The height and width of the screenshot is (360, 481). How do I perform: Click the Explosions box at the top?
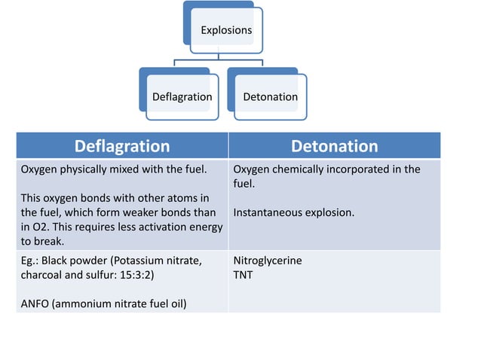226,31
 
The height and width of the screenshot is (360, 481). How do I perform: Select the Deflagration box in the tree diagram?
182,97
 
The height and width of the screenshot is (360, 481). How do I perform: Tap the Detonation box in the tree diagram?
270,97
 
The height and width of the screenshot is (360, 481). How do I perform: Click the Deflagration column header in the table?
121,146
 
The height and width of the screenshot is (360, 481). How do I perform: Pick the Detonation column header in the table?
334,146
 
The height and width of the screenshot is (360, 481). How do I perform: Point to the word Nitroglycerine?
268,261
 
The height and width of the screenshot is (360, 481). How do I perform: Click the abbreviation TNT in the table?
244,275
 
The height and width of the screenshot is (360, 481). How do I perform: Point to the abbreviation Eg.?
29,261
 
